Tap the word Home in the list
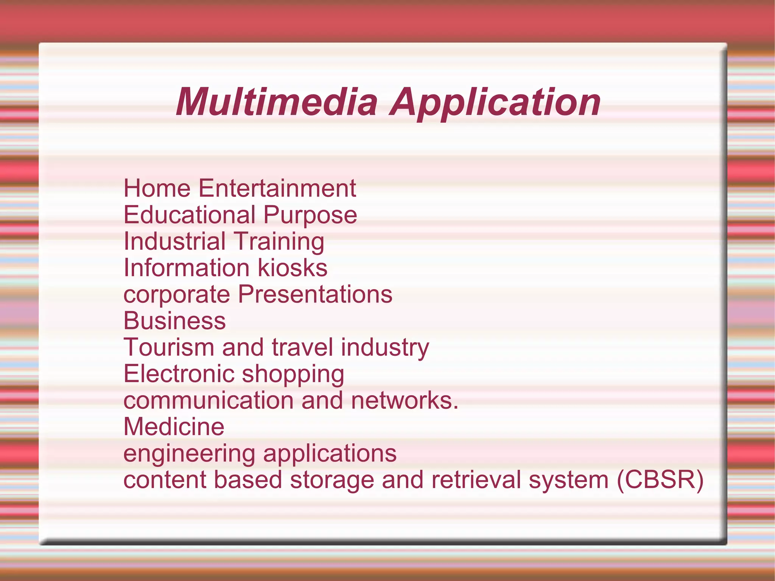click(157, 188)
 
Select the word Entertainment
click(277, 188)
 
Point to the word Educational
click(190, 215)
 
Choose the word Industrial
click(175, 241)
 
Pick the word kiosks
click(293, 268)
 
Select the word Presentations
click(315, 294)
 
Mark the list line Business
click(174, 321)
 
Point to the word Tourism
click(169, 347)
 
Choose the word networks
click(404, 400)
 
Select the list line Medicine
click(174, 427)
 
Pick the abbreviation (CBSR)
click(660, 480)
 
